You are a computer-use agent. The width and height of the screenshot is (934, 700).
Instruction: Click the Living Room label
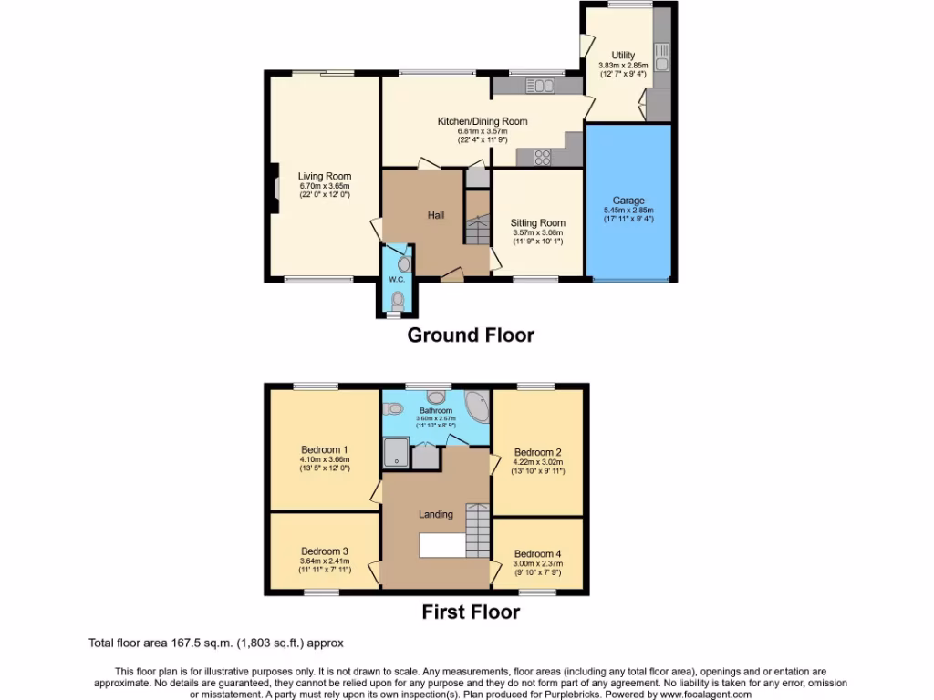click(x=324, y=177)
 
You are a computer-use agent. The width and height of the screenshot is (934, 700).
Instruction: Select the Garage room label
click(x=628, y=201)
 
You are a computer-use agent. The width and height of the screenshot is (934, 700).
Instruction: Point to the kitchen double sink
click(x=541, y=86)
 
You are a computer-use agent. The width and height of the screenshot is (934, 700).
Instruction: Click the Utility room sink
click(x=661, y=57)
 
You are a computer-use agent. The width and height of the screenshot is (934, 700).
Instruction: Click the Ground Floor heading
click(x=470, y=335)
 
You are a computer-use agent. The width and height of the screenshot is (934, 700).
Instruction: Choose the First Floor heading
click(x=470, y=612)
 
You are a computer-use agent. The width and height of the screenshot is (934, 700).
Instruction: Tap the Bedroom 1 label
click(x=324, y=449)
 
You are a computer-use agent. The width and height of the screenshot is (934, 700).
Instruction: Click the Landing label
click(x=435, y=514)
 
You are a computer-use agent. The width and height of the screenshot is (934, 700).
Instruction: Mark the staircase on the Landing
click(x=478, y=525)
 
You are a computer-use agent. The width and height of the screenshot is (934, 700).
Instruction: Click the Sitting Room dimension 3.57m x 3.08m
click(x=537, y=232)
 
